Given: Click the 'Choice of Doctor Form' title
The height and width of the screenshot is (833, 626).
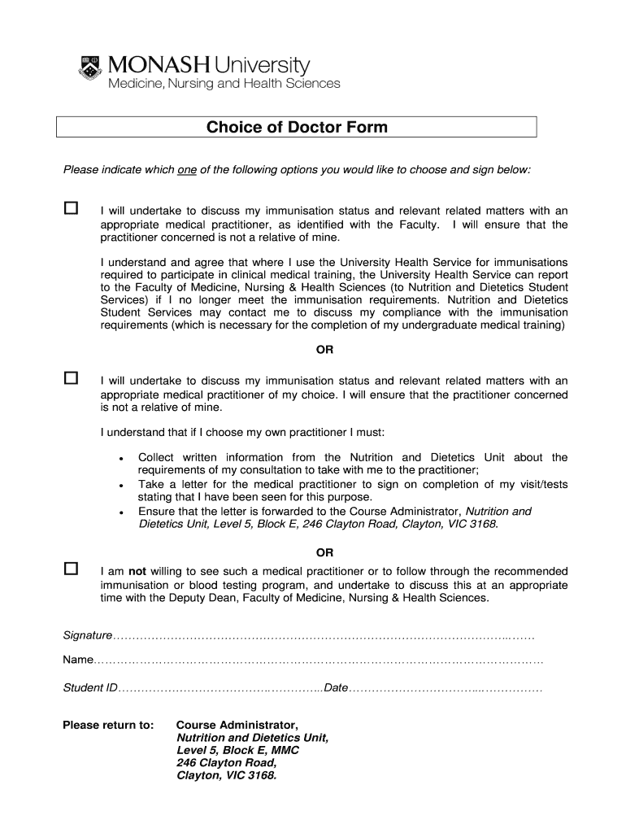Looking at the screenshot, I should click(x=297, y=127).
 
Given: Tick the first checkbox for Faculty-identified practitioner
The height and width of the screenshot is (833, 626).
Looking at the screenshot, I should click(x=71, y=208).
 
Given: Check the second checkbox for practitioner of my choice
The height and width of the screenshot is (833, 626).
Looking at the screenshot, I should click(x=71, y=378).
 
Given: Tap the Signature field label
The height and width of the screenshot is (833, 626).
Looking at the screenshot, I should click(x=87, y=635).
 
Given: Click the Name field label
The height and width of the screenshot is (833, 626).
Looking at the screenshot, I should click(x=78, y=661).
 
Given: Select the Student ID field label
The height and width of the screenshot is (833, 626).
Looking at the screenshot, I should click(x=90, y=688).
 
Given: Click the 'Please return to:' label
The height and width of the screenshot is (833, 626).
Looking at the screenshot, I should click(x=107, y=725).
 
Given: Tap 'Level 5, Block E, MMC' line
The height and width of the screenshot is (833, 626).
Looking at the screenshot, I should click(x=237, y=750).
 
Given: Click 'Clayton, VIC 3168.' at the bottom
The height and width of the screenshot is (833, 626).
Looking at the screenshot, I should click(x=227, y=775).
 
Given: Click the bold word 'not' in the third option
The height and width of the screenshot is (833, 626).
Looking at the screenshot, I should click(x=138, y=571).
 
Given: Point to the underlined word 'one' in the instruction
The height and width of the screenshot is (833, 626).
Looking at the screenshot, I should click(x=187, y=169).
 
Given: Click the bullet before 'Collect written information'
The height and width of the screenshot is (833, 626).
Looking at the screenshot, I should click(x=120, y=459).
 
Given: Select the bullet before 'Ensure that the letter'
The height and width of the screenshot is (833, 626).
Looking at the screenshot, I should click(x=120, y=513).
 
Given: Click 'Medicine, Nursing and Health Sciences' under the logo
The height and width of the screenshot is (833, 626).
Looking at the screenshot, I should click(x=224, y=84).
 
